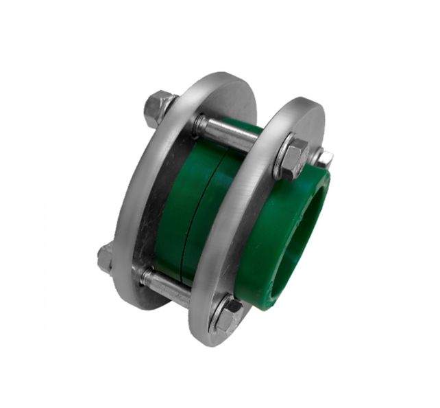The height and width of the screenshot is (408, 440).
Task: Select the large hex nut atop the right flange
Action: (293, 159)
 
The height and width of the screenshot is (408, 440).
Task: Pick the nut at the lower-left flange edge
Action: (106, 258)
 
